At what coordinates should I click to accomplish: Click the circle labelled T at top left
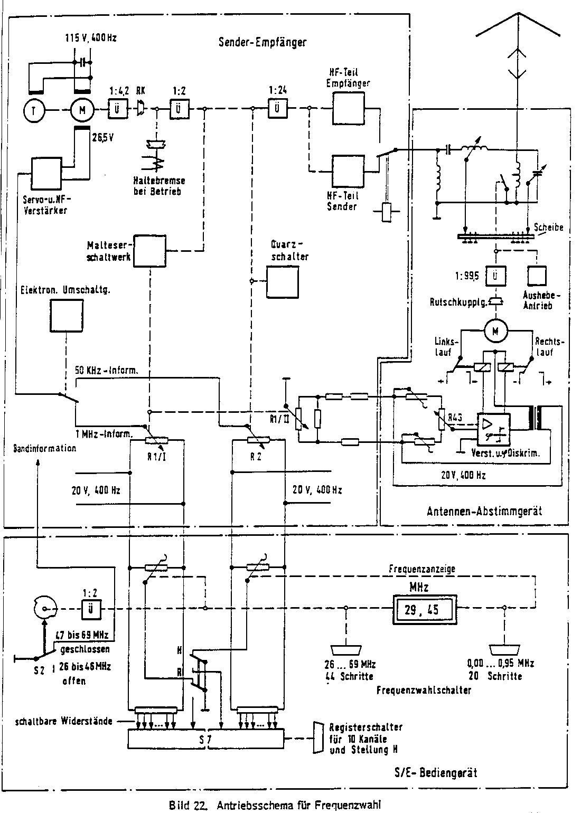coord(34,110)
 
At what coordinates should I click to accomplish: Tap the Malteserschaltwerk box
coord(150,251)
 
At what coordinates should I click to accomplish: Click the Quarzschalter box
coord(282,282)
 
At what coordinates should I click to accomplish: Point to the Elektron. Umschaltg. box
coord(67,315)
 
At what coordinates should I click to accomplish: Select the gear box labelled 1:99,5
coord(494,276)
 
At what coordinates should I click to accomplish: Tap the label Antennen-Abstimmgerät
coord(484,511)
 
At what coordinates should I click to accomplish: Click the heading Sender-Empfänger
coord(262,42)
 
